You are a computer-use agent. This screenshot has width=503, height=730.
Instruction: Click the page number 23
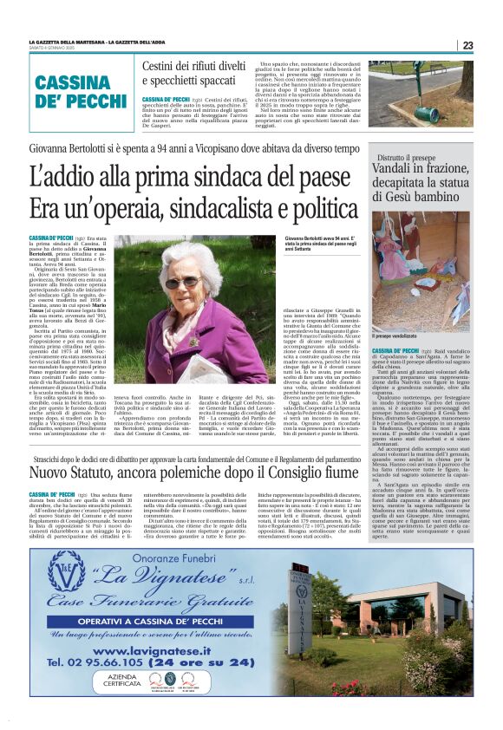467,45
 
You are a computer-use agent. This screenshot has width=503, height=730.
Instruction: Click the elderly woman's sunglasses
181,282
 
